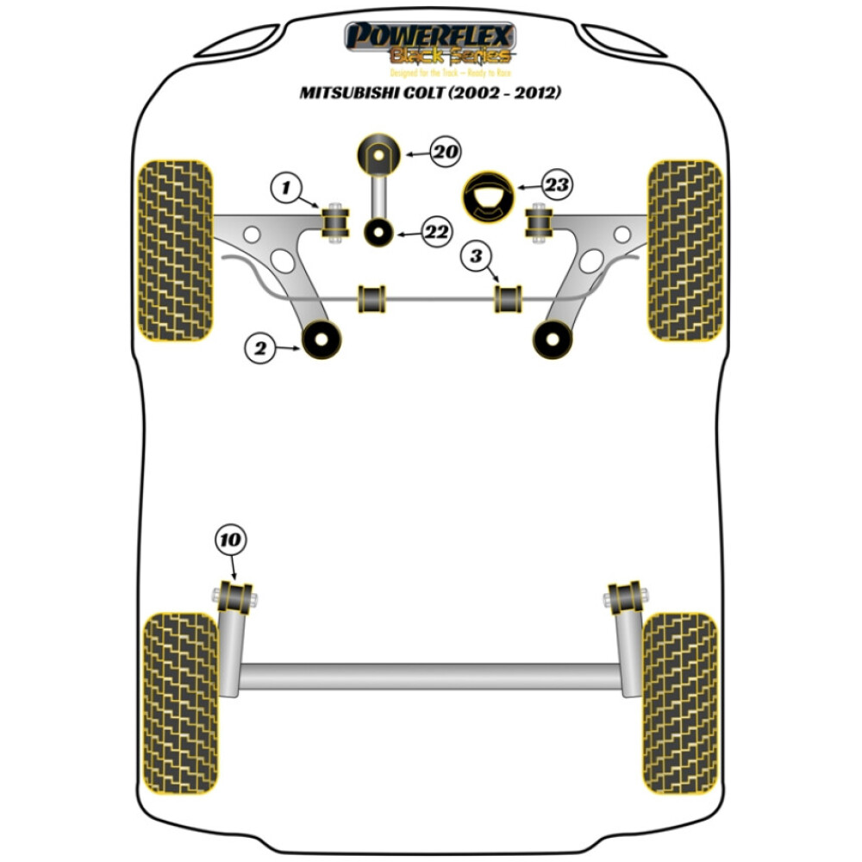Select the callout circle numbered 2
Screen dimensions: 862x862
pos(259,347)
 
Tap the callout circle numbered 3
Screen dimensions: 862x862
pos(475,255)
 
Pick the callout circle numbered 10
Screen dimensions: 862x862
pos(230,540)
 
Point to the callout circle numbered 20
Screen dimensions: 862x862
pos(445,153)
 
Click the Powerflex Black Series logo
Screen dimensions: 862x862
pos(431,43)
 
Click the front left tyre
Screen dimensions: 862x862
pos(175,250)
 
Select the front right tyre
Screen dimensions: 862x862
pos(684,250)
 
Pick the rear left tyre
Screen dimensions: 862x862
pos(180,703)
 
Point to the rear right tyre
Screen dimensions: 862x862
pos(680,703)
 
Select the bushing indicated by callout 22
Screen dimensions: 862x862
pos(378,232)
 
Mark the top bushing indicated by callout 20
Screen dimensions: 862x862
pos(378,155)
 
